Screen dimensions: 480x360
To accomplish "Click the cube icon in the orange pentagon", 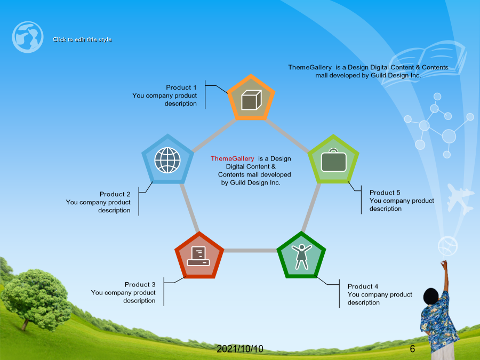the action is pyautogui.click(x=251, y=100).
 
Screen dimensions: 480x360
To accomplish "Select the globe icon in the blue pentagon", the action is pyautogui.click(x=167, y=160).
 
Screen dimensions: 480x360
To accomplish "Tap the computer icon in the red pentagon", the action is pyautogui.click(x=198, y=256).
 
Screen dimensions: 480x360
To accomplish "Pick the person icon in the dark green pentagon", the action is pyautogui.click(x=301, y=257).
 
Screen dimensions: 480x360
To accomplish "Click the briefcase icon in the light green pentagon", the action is pyautogui.click(x=334, y=160).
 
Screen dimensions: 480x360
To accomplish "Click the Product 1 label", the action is pyautogui.click(x=181, y=87).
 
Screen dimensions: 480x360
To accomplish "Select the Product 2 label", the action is pyautogui.click(x=115, y=194).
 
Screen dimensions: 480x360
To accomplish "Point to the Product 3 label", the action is pyautogui.click(x=140, y=285).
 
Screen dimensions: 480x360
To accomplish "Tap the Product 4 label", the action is pyautogui.click(x=363, y=286).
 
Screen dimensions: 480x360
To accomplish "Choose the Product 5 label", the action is pyautogui.click(x=385, y=193).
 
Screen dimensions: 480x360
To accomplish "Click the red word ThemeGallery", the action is pyautogui.click(x=233, y=158).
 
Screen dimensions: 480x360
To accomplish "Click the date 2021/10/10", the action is pyautogui.click(x=240, y=349).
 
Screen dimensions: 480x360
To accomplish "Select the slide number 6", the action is pyautogui.click(x=412, y=349).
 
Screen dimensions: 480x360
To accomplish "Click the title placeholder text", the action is pyautogui.click(x=82, y=39).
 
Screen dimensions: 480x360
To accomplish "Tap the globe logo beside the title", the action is pyautogui.click(x=28, y=37).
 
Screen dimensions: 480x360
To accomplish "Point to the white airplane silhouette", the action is pyautogui.click(x=459, y=198).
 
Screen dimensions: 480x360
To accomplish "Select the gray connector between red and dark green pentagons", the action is pyautogui.click(x=251, y=251).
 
